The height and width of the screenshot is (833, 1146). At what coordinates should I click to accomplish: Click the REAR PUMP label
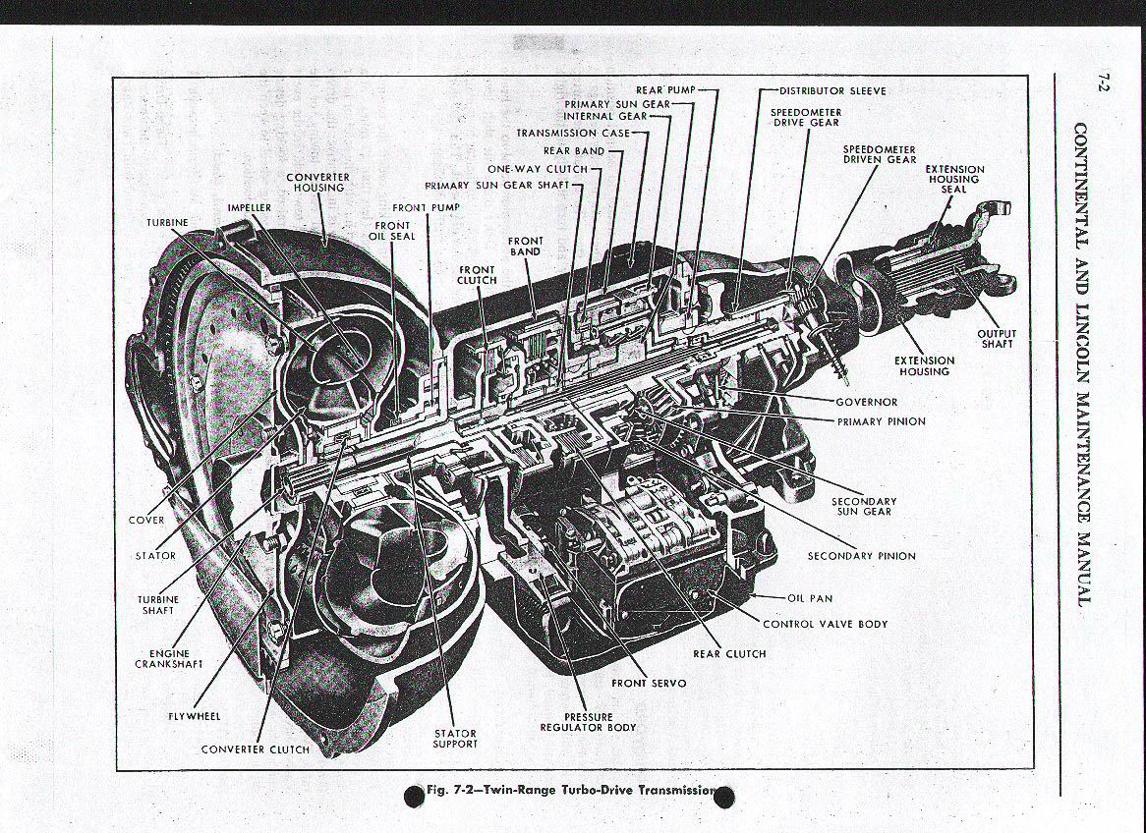665,90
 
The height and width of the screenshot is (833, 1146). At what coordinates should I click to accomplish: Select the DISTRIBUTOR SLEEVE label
832,90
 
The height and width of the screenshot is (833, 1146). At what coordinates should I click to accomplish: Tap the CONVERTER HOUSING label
317,182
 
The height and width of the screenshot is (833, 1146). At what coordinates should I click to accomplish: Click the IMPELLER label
249,208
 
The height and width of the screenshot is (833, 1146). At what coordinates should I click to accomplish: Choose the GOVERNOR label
866,402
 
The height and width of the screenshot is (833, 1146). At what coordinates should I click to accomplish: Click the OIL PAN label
810,597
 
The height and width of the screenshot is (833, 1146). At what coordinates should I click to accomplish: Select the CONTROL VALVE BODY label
825,624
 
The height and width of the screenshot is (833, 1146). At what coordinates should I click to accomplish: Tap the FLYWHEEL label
194,716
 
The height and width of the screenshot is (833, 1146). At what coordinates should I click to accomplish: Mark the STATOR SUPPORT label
455,739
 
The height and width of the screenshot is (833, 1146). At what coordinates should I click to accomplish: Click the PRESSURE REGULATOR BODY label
588,722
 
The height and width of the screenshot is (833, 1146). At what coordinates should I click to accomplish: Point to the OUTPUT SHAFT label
996,339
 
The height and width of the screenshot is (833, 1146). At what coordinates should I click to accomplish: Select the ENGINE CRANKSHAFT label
169,658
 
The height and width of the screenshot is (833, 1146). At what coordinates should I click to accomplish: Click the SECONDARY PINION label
861,556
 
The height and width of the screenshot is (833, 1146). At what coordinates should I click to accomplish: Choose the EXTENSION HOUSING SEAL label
953,179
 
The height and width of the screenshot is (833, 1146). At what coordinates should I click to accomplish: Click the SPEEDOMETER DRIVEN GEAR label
880,154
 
